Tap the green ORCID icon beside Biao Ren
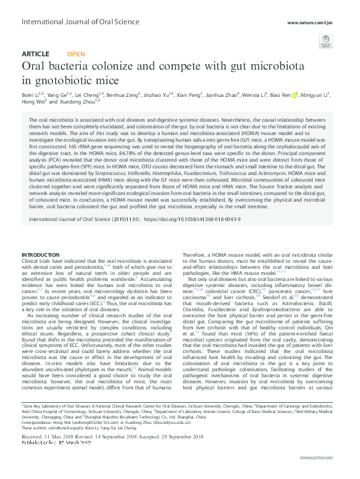point(295,95)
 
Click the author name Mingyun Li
point(316,95)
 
